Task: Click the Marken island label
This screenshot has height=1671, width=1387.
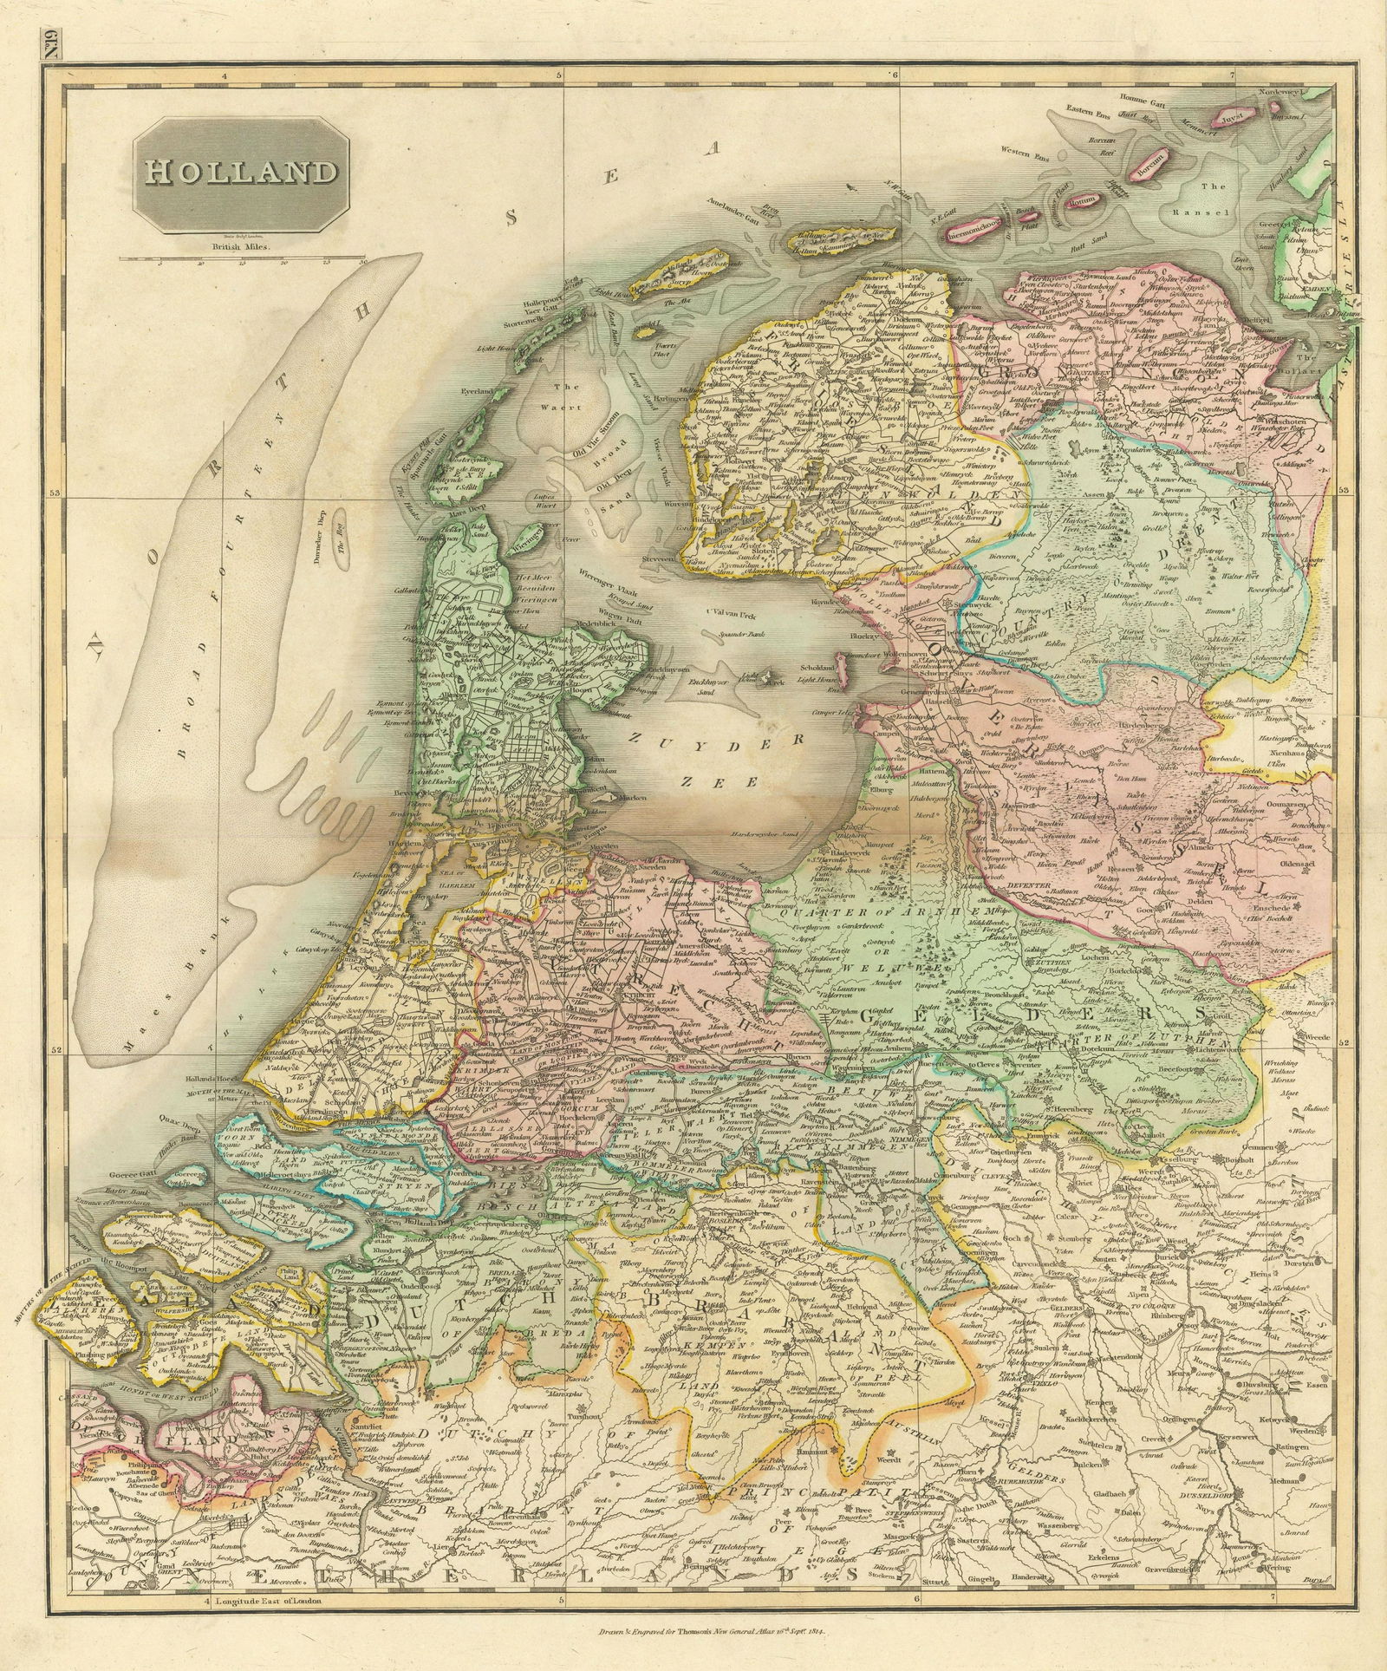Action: tap(632, 797)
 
